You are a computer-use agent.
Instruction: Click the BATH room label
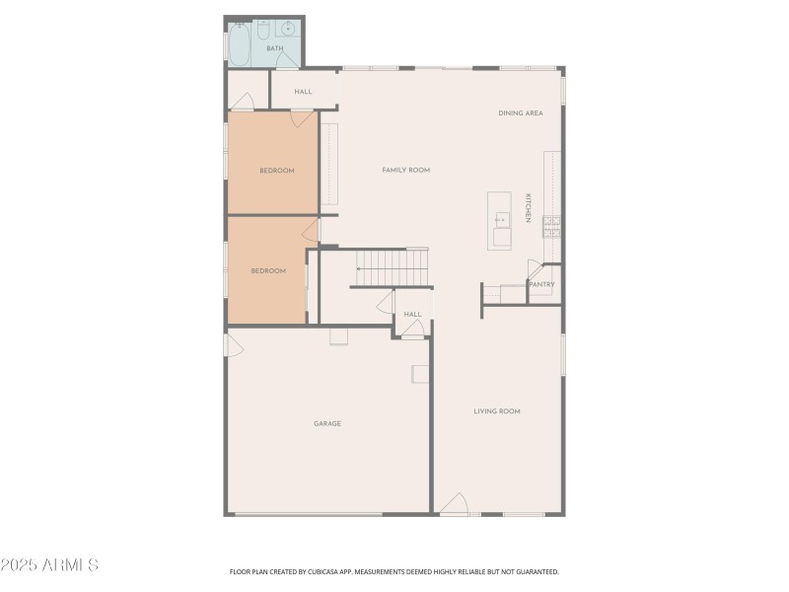click(x=274, y=48)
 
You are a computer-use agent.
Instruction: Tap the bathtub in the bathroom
click(x=240, y=43)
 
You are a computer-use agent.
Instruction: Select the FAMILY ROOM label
click(x=406, y=171)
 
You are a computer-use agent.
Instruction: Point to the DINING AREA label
click(x=521, y=113)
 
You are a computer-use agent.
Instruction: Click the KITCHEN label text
click(x=529, y=207)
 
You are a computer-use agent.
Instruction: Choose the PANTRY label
click(x=542, y=285)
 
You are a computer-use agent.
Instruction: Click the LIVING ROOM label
click(x=497, y=411)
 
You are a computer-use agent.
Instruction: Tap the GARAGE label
click(x=327, y=423)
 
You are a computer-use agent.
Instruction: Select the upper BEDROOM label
click(x=277, y=171)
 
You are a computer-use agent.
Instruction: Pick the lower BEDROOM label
click(x=268, y=271)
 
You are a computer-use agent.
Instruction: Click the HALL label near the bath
click(x=303, y=92)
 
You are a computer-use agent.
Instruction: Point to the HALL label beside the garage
click(x=412, y=315)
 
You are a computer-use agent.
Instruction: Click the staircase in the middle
click(x=392, y=265)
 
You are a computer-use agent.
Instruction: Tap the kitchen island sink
click(x=501, y=219)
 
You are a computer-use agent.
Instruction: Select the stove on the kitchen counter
click(x=551, y=227)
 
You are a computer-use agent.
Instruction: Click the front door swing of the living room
click(x=454, y=504)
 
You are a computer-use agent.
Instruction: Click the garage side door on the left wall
click(x=234, y=346)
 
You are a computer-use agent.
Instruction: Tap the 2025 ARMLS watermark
click(x=49, y=565)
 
